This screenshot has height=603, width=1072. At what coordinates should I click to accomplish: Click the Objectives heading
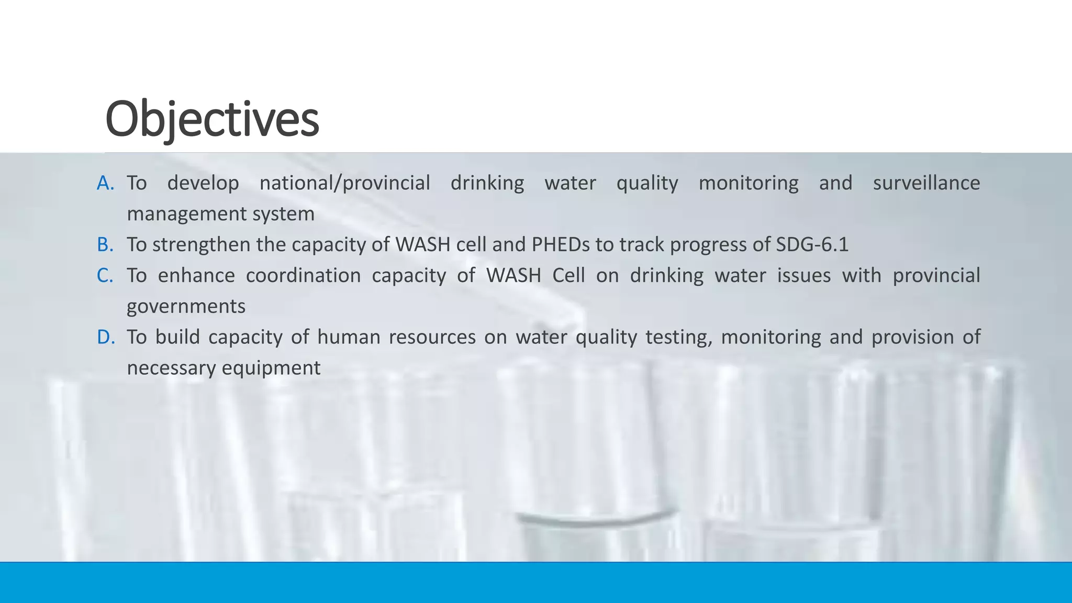(x=212, y=119)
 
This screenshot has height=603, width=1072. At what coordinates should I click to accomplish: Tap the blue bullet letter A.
(x=105, y=183)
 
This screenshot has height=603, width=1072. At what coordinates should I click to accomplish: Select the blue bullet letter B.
(x=105, y=244)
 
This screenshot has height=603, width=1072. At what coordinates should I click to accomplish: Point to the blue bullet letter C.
(x=105, y=275)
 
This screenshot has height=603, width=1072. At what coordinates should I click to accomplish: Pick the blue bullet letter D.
(x=106, y=337)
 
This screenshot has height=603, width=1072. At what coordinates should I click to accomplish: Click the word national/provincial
(x=344, y=183)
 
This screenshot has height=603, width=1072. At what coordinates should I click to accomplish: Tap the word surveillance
(x=926, y=183)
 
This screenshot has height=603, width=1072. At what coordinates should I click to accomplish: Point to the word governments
(x=186, y=307)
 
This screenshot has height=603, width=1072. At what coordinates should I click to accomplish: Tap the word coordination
(x=303, y=275)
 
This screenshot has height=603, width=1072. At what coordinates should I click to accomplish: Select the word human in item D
(x=349, y=337)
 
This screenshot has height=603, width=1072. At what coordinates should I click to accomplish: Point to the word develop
(x=203, y=183)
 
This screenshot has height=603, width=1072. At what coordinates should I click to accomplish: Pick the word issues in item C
(x=803, y=275)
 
